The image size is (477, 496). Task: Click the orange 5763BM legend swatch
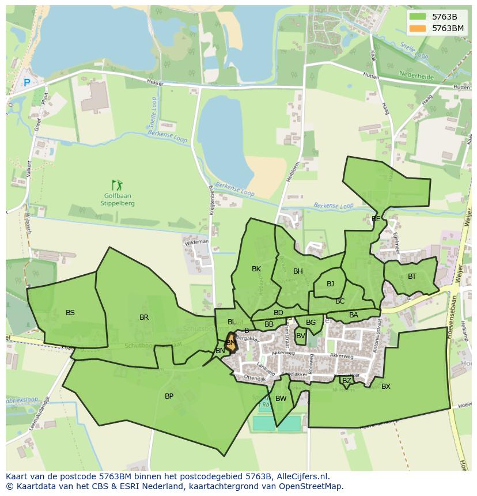click(418, 28)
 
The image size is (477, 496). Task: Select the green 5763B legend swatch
click(418, 17)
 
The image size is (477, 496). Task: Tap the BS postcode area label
click(70, 313)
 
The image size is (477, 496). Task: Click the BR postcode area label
click(144, 317)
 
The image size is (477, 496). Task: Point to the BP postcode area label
click(169, 396)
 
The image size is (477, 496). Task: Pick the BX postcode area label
click(386, 387)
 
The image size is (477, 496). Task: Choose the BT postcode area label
click(412, 277)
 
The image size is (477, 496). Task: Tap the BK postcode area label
click(256, 269)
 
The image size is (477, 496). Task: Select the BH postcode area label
click(298, 271)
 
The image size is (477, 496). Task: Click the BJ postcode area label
click(330, 284)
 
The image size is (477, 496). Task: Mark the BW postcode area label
click(281, 399)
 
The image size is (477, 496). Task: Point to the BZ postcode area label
click(346, 381)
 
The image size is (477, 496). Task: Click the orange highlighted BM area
click(231, 342)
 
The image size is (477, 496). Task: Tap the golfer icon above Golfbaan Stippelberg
click(118, 185)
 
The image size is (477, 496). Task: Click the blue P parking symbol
click(26, 83)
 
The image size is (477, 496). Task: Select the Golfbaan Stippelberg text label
click(118, 199)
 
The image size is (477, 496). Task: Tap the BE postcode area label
click(376, 219)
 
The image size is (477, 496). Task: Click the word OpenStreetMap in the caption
click(311, 486)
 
